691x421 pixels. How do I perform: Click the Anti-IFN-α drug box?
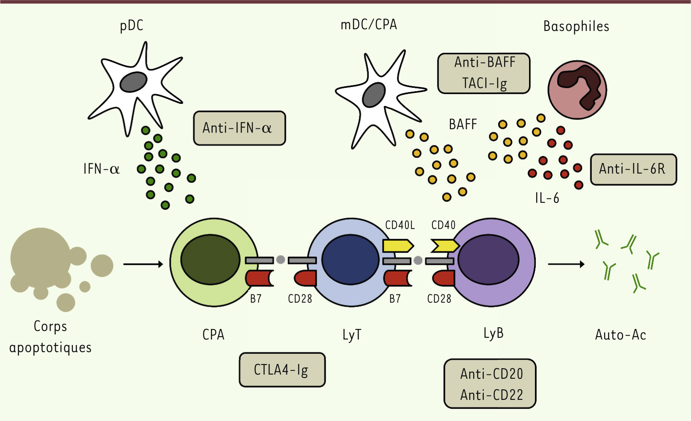[x=239, y=128]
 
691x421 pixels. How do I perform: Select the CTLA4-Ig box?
[x=282, y=370]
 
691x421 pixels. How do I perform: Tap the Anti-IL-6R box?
[x=633, y=169]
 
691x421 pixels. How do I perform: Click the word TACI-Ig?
[x=484, y=83]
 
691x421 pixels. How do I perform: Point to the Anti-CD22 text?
[x=491, y=395]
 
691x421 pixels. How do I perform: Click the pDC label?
[x=132, y=26]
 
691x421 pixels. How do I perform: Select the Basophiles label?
[x=576, y=27]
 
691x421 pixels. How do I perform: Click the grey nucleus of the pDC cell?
[x=133, y=82]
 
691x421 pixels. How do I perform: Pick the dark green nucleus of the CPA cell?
[x=210, y=260]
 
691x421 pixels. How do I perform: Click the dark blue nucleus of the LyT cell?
[x=350, y=260]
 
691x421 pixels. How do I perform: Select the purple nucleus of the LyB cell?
[x=488, y=260]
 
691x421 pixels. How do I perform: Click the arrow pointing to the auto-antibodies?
[x=566, y=264]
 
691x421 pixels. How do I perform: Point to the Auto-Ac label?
[x=620, y=335]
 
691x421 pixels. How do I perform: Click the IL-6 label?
[x=547, y=198]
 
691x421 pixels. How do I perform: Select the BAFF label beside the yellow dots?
[x=462, y=125]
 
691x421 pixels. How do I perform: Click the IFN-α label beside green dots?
[x=101, y=169]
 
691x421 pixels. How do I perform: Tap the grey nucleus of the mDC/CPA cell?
[x=374, y=95]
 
